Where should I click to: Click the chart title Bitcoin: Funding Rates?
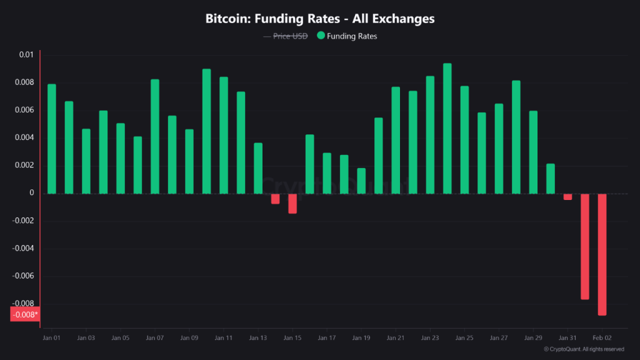tap(320, 19)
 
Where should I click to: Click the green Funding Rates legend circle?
tap(321, 36)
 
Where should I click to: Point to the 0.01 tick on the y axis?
tap(26, 55)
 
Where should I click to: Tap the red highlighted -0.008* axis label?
tap(25, 314)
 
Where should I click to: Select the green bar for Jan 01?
tap(52, 139)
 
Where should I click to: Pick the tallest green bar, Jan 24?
tap(447, 128)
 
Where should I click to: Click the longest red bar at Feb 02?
tap(602, 254)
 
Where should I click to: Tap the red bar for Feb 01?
tap(585, 246)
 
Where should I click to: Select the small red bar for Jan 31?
tap(567, 197)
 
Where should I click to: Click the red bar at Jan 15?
tap(292, 204)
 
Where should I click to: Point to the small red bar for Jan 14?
tap(275, 199)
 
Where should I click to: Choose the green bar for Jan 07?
tap(155, 136)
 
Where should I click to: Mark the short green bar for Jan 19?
tap(361, 181)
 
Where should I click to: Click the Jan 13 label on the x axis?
tap(258, 338)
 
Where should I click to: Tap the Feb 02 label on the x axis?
tap(602, 338)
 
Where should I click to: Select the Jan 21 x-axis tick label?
tap(396, 338)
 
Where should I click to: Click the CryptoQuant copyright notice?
tap(584, 349)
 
